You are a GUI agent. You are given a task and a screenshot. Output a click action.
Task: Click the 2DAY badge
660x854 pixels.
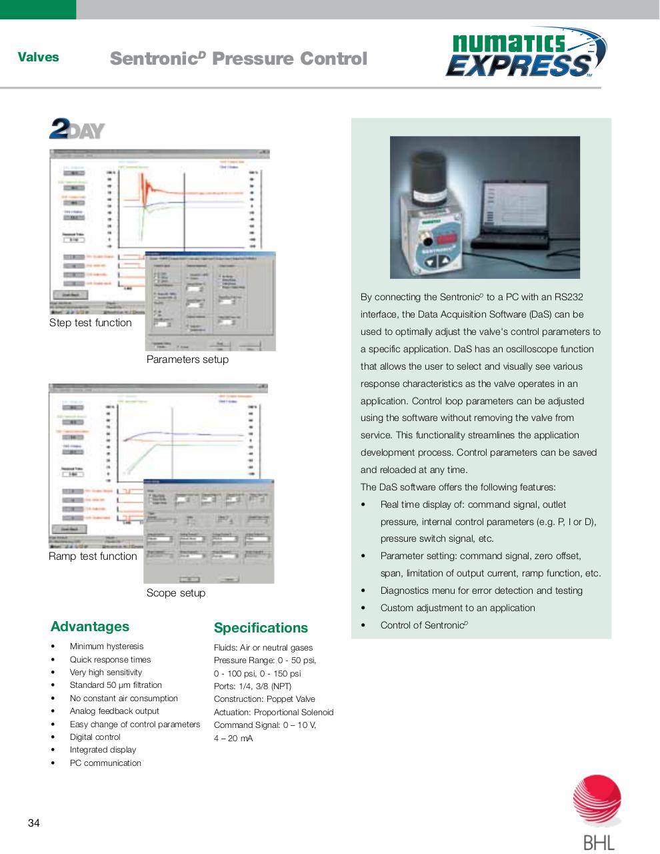(x=77, y=129)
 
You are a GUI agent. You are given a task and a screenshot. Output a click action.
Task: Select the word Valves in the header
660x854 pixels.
(x=38, y=57)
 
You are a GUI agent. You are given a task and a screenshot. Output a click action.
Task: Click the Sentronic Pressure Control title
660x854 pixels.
(x=238, y=59)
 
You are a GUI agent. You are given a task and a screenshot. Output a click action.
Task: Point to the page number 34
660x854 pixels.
(x=34, y=823)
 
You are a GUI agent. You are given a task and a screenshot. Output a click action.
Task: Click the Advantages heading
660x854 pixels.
(x=90, y=626)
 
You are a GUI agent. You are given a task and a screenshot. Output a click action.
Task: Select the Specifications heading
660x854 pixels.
(x=261, y=628)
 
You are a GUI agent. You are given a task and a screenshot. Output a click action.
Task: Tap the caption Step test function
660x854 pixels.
(x=91, y=323)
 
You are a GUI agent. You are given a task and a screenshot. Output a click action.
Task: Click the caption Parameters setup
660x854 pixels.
(x=187, y=360)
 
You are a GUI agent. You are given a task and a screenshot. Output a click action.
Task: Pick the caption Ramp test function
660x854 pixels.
(x=93, y=556)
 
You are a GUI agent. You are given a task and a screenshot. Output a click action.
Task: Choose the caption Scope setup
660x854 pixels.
(x=176, y=593)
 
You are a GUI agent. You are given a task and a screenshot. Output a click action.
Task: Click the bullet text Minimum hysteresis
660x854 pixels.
(x=106, y=647)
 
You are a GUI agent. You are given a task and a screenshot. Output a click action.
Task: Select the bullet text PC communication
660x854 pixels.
(x=105, y=763)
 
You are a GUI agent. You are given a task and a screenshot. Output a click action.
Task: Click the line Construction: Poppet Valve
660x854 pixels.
(x=264, y=699)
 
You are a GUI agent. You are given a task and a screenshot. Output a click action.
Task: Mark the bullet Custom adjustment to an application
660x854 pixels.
(x=457, y=608)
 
